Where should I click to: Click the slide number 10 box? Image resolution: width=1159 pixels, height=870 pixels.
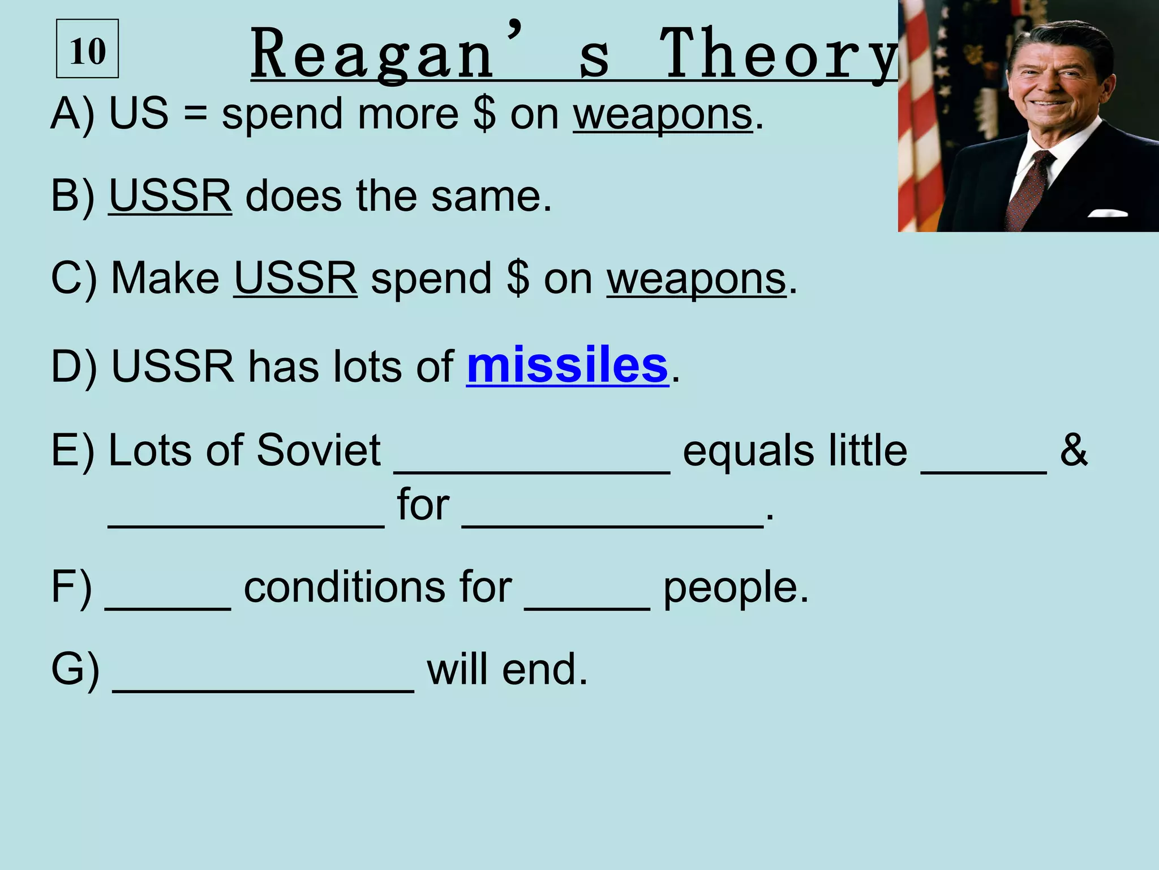tap(88, 49)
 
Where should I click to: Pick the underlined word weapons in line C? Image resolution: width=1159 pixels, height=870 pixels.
tap(696, 279)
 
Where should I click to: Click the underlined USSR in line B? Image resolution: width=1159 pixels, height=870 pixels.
tap(170, 196)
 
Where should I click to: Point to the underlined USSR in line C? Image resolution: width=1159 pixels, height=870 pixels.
tap(295, 278)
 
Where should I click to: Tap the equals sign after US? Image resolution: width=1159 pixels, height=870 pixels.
tap(195, 113)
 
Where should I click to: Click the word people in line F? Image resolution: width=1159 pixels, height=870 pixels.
tap(735, 588)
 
